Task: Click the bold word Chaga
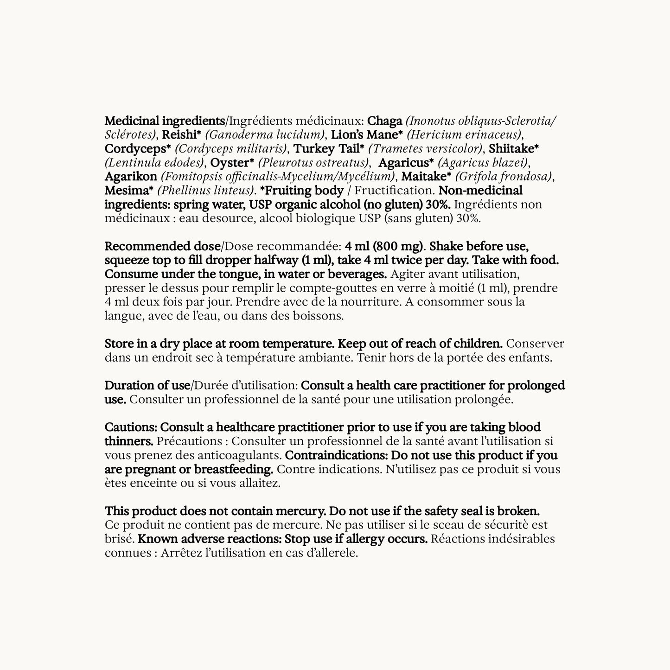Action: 384,121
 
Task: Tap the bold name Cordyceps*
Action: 138,149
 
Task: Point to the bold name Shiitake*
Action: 514,149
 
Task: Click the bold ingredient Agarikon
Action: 131,177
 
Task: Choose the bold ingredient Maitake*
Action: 426,177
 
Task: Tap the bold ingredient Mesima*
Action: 129,191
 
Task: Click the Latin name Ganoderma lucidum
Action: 265,135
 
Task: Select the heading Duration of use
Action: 147,385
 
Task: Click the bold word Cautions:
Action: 131,427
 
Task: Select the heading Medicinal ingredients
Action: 164,121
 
